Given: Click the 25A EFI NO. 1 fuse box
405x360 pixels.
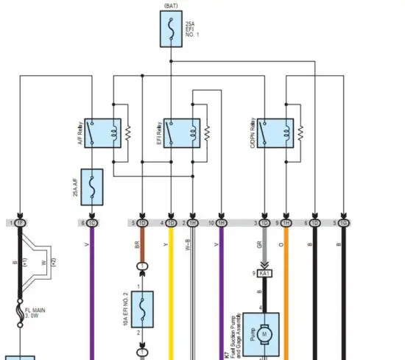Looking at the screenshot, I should coord(170,29).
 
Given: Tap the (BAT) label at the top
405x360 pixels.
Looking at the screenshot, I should coord(170,5).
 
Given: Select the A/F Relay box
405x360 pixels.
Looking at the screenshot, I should coord(102,133).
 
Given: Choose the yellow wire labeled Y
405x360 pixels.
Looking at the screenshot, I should coord(171,294).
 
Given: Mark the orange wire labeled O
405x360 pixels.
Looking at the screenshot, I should coord(286,294).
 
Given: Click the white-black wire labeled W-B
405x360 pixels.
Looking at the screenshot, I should coord(193,294).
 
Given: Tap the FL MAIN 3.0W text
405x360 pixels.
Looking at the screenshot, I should coord(35,314).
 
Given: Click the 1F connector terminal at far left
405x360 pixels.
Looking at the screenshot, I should coord(20,222).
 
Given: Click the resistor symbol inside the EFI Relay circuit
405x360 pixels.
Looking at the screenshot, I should coord(207,133).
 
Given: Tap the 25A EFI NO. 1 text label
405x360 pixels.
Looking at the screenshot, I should coord(190,29).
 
